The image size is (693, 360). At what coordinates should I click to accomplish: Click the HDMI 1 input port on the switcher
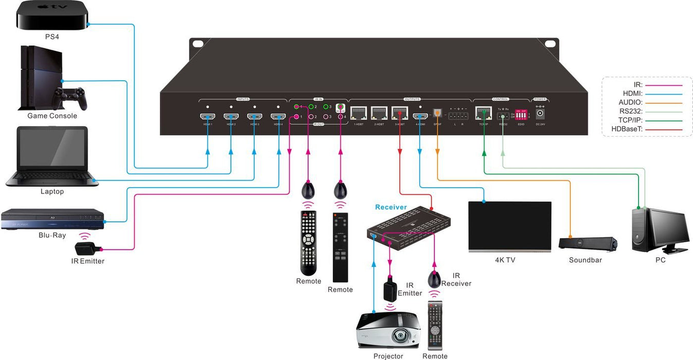(x=207, y=117)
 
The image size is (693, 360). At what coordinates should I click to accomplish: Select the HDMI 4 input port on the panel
(x=278, y=117)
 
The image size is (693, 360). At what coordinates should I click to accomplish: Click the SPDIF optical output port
(x=437, y=114)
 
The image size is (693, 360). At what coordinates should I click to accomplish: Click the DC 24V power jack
(x=540, y=114)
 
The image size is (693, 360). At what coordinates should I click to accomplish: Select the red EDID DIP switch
(x=521, y=115)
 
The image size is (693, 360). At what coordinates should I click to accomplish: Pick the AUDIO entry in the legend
(x=631, y=102)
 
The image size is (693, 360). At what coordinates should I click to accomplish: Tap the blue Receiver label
(x=391, y=207)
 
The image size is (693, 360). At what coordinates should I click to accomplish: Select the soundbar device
(x=588, y=243)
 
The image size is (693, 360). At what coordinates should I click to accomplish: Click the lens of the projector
(x=399, y=336)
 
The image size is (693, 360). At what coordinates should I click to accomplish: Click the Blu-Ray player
(x=52, y=219)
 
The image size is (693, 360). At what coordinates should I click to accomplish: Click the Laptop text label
(x=52, y=191)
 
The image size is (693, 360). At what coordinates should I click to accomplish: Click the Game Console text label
(x=52, y=116)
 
